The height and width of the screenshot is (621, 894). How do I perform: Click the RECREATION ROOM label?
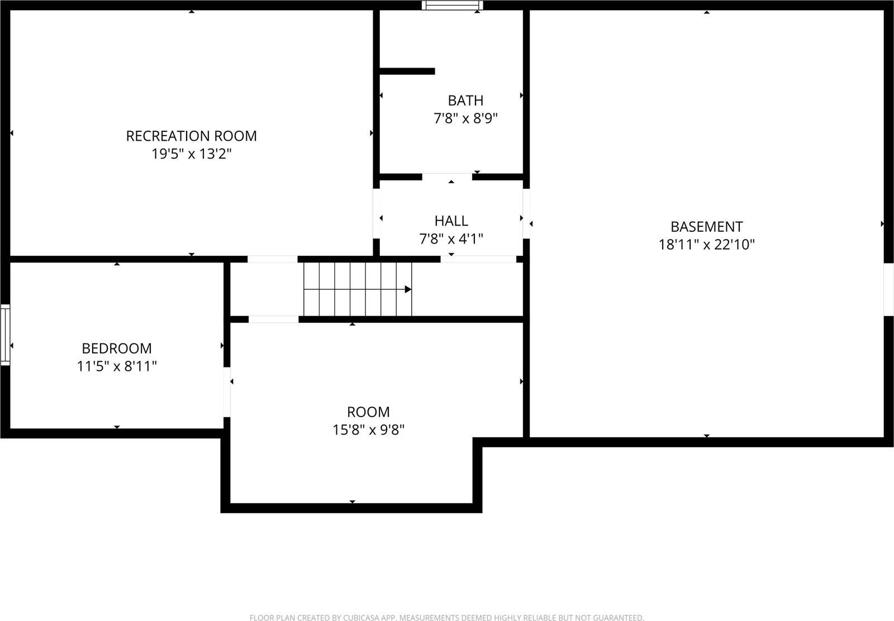(191, 136)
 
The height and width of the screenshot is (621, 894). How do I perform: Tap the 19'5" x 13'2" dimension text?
(191, 154)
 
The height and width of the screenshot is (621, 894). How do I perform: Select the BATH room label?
(465, 101)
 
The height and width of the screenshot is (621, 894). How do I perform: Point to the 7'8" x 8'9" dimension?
(465, 118)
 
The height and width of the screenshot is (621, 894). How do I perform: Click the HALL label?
(451, 221)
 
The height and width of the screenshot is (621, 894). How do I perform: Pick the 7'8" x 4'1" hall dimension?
(451, 239)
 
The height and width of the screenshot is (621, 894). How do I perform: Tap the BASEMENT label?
(706, 227)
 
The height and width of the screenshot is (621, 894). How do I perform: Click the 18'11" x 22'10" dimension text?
(706, 245)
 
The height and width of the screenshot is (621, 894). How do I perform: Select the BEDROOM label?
(117, 348)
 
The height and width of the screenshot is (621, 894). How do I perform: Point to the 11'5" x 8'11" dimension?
(117, 366)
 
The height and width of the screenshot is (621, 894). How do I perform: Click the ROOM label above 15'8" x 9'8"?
(368, 412)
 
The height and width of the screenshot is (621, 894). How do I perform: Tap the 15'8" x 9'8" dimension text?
(368, 430)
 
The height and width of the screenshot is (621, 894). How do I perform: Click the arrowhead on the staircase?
(408, 289)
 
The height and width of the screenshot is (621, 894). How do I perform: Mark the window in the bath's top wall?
(452, 6)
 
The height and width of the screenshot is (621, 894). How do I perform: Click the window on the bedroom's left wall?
(5, 335)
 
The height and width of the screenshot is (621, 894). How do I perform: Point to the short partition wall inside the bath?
(407, 71)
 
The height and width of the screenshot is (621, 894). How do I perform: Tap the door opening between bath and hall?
(447, 177)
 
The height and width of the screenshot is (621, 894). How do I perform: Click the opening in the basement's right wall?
(888, 289)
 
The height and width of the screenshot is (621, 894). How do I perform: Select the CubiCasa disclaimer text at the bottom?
(446, 617)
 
